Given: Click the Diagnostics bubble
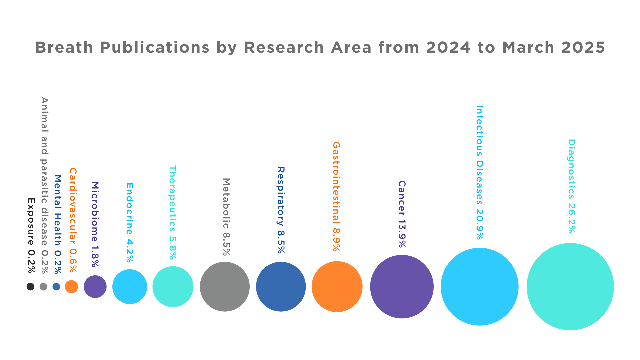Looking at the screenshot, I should click(570, 287).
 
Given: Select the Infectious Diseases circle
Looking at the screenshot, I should click(479, 287).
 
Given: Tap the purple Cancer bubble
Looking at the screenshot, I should click(402, 287).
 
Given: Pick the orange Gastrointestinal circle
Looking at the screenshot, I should click(337, 287).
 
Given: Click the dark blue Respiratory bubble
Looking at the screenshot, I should click(281, 287).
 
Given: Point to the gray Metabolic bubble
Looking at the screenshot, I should click(225, 287).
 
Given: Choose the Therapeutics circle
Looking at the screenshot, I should click(173, 287).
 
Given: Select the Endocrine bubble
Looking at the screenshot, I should click(130, 287).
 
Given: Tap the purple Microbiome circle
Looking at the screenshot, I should click(95, 287).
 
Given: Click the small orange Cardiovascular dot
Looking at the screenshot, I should click(71, 287).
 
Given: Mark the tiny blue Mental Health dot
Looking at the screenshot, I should click(56, 287).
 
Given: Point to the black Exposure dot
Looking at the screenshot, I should click(30, 287).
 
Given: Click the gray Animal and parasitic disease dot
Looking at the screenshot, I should click(43, 287).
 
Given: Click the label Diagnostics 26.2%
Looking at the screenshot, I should click(572, 186).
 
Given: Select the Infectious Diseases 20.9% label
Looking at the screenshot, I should click(480, 172).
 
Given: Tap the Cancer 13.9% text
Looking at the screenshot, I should click(402, 214).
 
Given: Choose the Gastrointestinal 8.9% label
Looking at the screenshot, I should click(336, 196).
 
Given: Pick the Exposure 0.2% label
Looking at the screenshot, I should click(31, 236).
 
